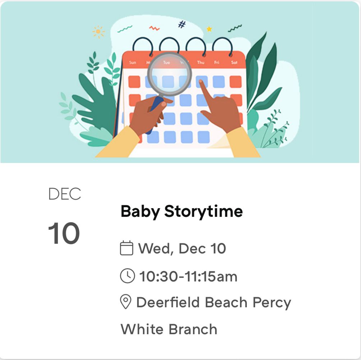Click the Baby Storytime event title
pyautogui.click(x=181, y=211)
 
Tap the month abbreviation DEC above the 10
pyautogui.click(x=65, y=194)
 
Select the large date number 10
pyautogui.click(x=64, y=234)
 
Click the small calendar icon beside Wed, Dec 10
pyautogui.click(x=126, y=248)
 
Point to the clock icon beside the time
pyautogui.click(x=127, y=276)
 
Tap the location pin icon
pyautogui.click(x=125, y=303)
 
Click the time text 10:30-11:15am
pyautogui.click(x=188, y=277)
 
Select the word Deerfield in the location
pyautogui.click(x=168, y=303)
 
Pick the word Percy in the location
pyautogui.click(x=272, y=303)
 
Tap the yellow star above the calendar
pyautogui.click(x=209, y=29)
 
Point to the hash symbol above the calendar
pyautogui.click(x=182, y=24)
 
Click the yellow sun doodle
pyautogui.click(x=98, y=32)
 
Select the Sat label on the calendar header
pyautogui.click(x=234, y=62)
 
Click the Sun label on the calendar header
pyautogui.click(x=133, y=62)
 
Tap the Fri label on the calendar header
pyautogui.click(x=217, y=62)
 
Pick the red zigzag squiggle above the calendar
pyautogui.click(x=154, y=28)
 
